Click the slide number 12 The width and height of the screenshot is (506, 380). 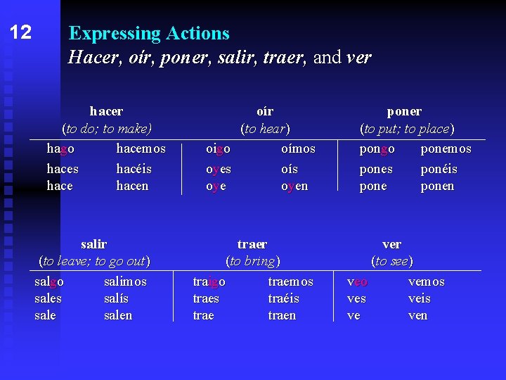click(21, 32)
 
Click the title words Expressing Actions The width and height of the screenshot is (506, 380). click(149, 33)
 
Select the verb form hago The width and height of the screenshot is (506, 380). click(60, 149)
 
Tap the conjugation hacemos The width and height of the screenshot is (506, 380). click(141, 149)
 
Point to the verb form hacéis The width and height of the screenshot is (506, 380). click(134, 169)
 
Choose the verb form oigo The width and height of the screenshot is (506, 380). click(218, 149)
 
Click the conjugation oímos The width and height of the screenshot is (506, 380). click(298, 149)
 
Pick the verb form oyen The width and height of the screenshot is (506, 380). click(294, 186)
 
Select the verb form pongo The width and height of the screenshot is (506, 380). click(377, 149)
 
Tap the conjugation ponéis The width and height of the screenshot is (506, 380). click(439, 169)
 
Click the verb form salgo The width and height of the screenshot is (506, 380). click(49, 281)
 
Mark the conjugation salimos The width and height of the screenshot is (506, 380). click(125, 281)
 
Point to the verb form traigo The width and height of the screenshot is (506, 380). click(209, 281)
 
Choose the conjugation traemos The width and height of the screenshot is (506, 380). click(291, 281)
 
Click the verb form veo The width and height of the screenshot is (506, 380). click(358, 281)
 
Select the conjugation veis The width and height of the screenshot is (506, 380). click(420, 298)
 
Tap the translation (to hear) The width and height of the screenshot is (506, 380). click(265, 129)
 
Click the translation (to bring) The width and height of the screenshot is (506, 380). click(252, 261)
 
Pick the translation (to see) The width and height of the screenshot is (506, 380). click(392, 261)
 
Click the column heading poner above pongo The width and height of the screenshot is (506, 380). click(404, 111)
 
